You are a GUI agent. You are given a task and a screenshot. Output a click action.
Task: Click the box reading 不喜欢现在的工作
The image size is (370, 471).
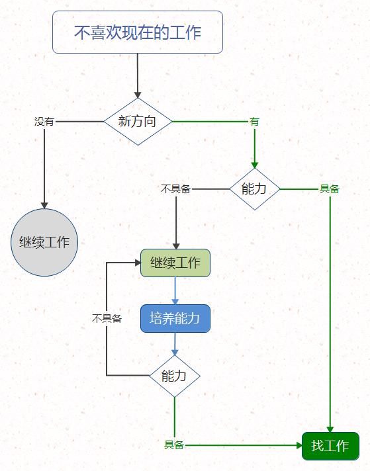click(138, 32)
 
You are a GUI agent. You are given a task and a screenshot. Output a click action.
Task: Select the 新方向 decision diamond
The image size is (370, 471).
click(138, 121)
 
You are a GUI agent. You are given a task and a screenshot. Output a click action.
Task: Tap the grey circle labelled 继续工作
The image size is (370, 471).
click(44, 241)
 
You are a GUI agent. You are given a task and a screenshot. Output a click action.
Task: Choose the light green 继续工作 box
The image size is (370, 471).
click(175, 263)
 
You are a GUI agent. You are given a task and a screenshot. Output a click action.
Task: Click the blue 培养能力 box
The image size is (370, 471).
click(175, 318)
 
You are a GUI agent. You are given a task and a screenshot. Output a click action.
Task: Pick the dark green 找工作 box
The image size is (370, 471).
click(330, 445)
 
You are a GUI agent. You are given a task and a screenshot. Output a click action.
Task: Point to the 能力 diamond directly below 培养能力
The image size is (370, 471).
click(175, 376)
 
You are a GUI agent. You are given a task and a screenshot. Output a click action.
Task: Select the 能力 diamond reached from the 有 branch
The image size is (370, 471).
click(254, 189)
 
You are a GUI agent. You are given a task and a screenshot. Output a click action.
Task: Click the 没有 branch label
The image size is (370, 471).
click(44, 122)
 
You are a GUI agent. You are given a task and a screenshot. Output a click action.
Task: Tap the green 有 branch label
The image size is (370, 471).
click(254, 122)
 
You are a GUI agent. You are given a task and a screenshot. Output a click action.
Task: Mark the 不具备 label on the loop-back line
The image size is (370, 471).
click(107, 318)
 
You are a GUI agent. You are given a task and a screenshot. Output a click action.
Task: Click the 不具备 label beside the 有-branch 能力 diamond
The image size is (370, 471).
click(175, 189)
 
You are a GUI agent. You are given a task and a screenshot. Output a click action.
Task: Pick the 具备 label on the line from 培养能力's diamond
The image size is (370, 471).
click(174, 445)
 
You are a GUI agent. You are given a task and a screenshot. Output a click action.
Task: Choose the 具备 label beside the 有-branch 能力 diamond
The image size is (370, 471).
click(330, 189)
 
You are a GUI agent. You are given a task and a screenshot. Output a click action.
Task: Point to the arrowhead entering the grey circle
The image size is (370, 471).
click(44, 205)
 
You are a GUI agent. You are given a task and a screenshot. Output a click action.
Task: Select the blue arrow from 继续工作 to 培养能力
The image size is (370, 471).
click(175, 290)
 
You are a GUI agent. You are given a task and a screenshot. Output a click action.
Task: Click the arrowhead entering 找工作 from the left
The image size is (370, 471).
click(298, 445)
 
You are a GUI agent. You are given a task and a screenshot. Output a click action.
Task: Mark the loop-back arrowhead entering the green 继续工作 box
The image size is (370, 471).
click(136, 263)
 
